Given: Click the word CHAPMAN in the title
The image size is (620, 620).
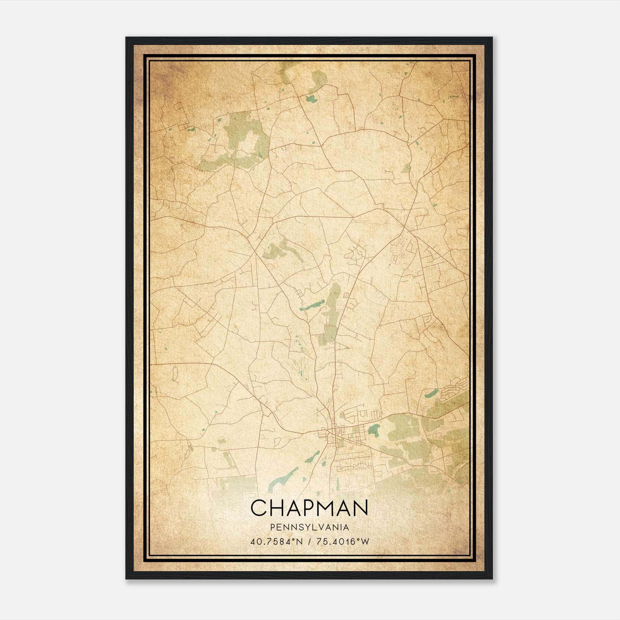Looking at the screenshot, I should [309, 508].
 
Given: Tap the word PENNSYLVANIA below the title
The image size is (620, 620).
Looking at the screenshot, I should [310, 527].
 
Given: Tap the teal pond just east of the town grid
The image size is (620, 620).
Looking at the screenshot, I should [374, 429].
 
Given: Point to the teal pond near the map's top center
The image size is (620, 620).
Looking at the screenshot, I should [311, 99].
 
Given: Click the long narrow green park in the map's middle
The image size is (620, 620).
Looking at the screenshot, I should [331, 310].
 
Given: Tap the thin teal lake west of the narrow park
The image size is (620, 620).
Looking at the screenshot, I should [312, 305].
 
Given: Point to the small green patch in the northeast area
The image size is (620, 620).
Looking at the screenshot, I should [406, 169].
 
